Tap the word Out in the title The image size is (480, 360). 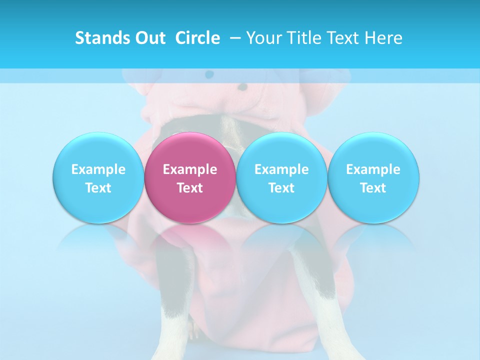pos(148,38)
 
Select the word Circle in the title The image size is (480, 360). pos(197,38)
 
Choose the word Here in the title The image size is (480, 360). pos(383,38)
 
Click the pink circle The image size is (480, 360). pos(190,150)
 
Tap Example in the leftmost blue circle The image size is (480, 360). pos(98,169)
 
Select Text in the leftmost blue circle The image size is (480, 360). pos(98,188)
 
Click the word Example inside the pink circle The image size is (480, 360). pos(190,169)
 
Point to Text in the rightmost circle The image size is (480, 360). pos(373,188)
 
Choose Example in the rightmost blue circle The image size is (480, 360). pos(373,169)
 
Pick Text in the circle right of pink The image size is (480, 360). pos(281,188)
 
